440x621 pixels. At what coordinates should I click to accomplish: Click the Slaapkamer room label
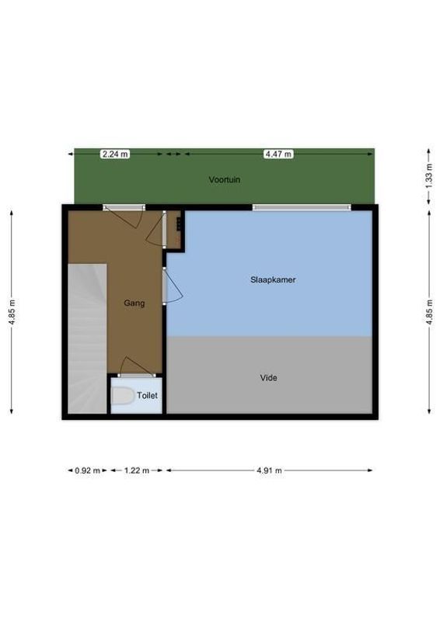[x=272, y=279]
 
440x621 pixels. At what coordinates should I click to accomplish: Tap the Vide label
[x=268, y=378]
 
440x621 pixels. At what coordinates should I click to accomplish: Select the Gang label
[x=134, y=304]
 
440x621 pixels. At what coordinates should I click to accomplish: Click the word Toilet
[x=147, y=395]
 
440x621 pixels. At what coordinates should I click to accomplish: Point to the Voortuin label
[x=224, y=179]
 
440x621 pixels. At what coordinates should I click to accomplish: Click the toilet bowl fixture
[x=122, y=397]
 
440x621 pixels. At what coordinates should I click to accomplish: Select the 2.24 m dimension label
[x=115, y=154]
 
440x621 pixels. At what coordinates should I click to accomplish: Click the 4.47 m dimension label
[x=278, y=154]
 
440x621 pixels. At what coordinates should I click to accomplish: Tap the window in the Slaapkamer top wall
[x=301, y=207]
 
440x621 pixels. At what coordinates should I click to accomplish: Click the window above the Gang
[x=124, y=207]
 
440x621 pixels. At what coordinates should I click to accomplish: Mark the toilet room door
[x=136, y=366]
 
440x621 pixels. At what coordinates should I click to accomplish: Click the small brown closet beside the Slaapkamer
[x=176, y=229]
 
